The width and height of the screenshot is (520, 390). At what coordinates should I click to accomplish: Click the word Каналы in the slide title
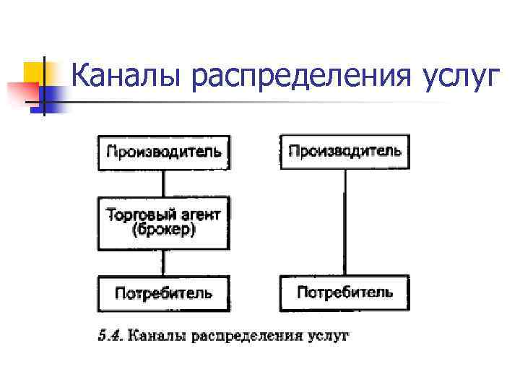[x=127, y=75]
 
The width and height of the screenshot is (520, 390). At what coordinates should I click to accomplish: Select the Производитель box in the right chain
[x=344, y=151]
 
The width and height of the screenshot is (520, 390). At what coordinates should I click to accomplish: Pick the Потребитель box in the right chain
[x=344, y=292]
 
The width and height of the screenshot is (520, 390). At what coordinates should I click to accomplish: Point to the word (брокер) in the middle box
[x=164, y=231]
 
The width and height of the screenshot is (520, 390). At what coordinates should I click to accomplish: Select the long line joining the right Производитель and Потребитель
[x=344, y=222]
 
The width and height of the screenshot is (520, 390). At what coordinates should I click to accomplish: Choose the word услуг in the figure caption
[x=326, y=336]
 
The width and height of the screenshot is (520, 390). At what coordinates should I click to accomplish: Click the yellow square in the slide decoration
[x=35, y=72]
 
